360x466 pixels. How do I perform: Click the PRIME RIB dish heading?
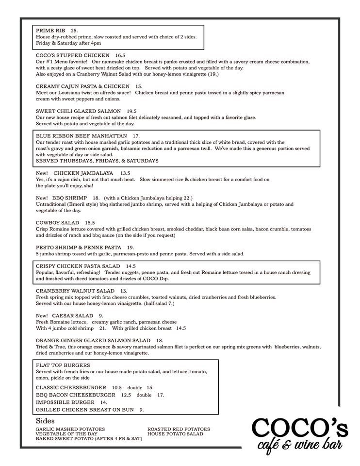pos(50,31)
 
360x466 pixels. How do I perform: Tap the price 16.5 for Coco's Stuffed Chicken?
pos(120,56)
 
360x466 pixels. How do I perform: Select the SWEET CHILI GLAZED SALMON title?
pos(79,111)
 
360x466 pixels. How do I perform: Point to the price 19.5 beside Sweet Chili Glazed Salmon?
pos(131,111)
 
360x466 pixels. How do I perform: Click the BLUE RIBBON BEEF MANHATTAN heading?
pos(82,136)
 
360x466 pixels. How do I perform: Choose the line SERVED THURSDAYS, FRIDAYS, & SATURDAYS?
pos(97,161)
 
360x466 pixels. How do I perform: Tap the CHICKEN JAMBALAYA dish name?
pos(83,173)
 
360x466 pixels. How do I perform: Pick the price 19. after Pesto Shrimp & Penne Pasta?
pos(130,248)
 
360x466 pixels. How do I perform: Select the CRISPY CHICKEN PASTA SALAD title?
pos(78,266)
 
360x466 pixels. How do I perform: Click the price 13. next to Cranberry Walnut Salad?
pos(124,291)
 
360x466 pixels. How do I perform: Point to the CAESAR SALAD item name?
pos(73,316)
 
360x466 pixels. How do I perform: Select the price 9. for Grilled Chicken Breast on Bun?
pos(141,410)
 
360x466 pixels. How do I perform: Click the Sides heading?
pos(45,420)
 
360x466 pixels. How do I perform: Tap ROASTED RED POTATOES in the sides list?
pos(179,429)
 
